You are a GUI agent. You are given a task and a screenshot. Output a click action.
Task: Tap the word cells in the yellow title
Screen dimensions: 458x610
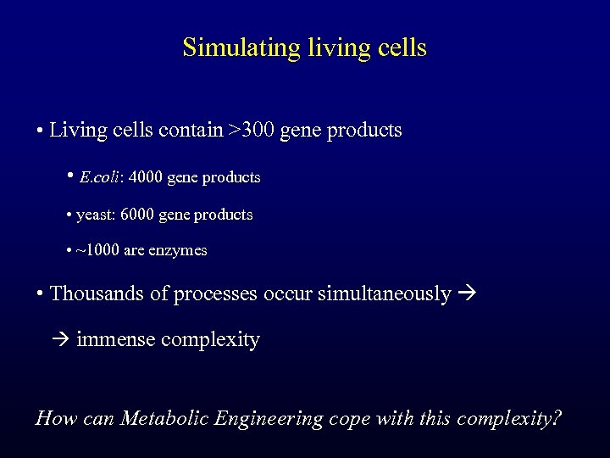click(399, 47)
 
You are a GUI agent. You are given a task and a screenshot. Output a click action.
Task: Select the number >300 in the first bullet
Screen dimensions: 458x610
click(250, 131)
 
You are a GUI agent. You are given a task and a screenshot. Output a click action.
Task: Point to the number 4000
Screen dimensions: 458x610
click(147, 178)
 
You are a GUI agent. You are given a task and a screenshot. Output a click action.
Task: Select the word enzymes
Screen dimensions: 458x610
click(180, 251)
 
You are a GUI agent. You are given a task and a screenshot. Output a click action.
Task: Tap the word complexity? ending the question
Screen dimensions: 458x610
click(508, 418)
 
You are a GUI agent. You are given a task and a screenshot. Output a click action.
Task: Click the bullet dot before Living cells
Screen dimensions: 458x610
click(40, 131)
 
